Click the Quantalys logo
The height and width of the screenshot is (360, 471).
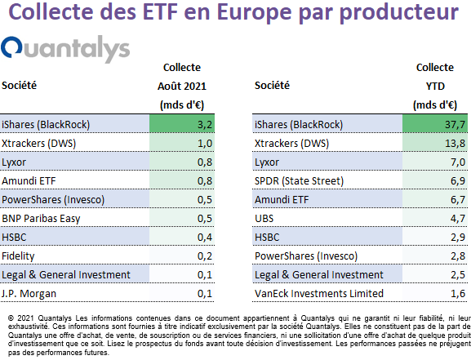coord(65,48)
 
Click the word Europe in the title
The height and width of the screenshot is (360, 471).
coord(254,12)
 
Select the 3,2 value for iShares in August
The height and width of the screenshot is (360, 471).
coord(205,124)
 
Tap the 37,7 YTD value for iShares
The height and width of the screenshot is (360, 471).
coord(455,124)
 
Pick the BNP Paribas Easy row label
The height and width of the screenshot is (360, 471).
coord(41,219)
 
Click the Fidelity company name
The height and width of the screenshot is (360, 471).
coord(18,256)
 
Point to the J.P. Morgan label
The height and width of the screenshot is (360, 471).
coord(29,294)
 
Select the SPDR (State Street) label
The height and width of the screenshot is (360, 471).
coord(299,181)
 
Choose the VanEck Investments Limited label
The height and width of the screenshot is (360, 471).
coord(319,293)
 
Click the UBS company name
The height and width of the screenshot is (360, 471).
coord(264,219)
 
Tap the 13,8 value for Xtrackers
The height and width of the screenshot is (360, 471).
coord(455,144)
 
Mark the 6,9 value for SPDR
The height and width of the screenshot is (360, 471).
coord(458,181)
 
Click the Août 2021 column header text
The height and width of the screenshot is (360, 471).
coord(182,87)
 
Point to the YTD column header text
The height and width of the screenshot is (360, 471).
coord(435,87)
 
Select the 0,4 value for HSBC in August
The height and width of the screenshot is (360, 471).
coord(205,237)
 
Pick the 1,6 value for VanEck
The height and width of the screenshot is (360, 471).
coord(458,293)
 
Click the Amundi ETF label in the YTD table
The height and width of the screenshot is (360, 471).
coord(282,199)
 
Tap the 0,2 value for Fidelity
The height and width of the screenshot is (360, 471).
coord(205,256)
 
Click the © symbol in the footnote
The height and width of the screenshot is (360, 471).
coord(11,318)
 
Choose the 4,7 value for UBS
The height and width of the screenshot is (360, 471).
coord(458,219)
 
